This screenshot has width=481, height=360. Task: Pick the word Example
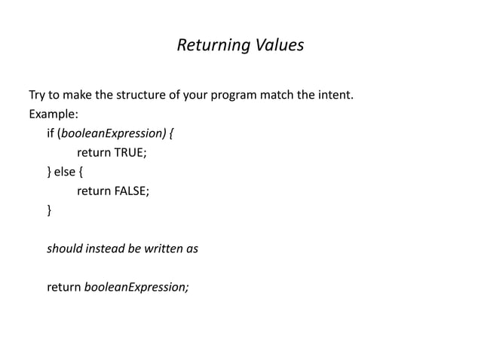click(52, 116)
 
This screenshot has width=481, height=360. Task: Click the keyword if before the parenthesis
click(51, 135)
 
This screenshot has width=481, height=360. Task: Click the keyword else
click(66, 172)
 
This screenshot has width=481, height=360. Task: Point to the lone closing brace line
click(50, 211)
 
